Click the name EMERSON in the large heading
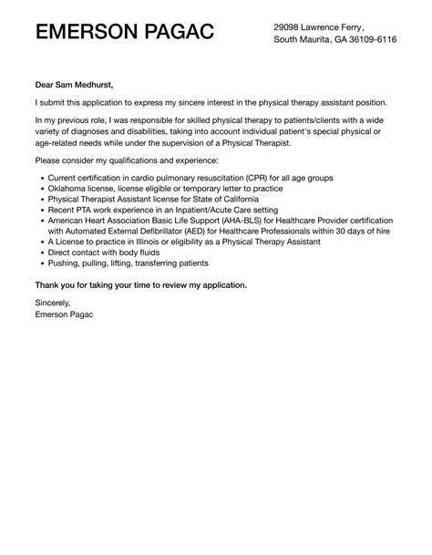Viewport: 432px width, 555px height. (82, 33)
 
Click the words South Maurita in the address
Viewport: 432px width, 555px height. (303, 41)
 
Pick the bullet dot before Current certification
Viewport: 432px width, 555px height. (36, 179)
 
